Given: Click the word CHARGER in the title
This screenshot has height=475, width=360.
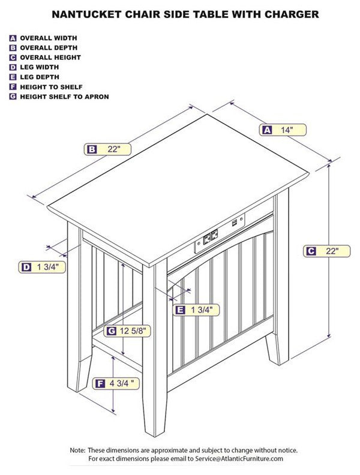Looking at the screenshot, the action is [292, 14].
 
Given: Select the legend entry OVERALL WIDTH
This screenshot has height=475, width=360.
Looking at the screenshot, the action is [49, 38].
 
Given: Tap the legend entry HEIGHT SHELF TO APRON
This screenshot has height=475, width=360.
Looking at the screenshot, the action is [64, 97].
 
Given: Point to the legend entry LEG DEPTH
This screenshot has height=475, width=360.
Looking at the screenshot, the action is [40, 77].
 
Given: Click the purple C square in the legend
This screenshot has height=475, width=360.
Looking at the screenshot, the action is [13, 58].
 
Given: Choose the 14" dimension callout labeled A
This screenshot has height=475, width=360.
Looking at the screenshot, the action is [283, 130].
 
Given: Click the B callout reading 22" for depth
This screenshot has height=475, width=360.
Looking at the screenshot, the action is [107, 149].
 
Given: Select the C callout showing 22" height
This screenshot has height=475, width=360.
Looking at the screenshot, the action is [326, 251].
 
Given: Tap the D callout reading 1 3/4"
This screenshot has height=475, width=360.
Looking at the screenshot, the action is [42, 267].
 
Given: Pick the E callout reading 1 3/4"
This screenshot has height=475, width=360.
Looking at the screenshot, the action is [196, 310].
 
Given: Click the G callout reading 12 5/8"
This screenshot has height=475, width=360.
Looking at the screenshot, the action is [127, 331].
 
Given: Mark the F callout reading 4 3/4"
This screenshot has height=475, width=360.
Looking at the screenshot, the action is [116, 383].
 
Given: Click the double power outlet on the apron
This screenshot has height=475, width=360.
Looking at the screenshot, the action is [211, 236].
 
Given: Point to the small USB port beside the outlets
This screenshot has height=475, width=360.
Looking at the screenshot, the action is [235, 223].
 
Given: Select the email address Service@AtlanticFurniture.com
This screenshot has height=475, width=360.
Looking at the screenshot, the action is [239, 459].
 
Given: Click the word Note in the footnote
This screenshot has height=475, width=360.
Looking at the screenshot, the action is [77, 450].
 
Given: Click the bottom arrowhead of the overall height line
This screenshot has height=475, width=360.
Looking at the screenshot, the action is [329, 335].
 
